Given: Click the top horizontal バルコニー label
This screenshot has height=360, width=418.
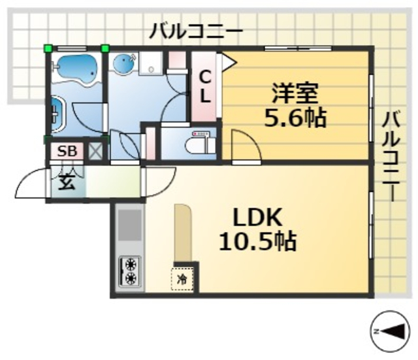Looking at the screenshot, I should pyautogui.click(x=195, y=31).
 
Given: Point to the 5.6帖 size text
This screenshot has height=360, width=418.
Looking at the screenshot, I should pyautogui.click(x=295, y=118).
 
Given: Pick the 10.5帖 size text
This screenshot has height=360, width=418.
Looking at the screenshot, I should pyautogui.click(x=257, y=242).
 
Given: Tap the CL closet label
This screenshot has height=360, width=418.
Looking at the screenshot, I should pyautogui.click(x=204, y=86).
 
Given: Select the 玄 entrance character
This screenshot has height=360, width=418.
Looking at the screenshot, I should pyautogui.click(x=68, y=182).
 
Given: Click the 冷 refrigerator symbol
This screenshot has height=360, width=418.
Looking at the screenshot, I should pyautogui.click(x=184, y=278).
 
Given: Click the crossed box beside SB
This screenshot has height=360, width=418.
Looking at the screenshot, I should pyautogui.click(x=96, y=152).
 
